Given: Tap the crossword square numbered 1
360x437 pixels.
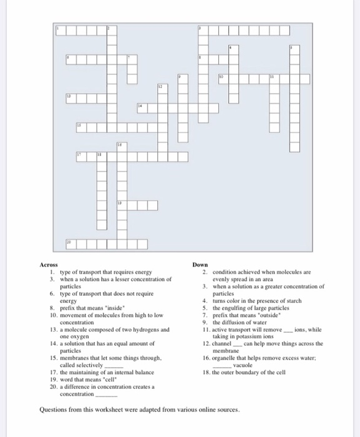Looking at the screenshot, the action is click(60, 29).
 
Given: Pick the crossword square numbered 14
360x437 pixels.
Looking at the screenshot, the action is click(141, 107).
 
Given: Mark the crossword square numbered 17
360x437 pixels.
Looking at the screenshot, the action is click(80, 155).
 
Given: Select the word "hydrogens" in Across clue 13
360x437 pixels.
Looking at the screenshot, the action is click(148, 328).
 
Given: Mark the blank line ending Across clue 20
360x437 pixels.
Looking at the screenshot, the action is click(106, 395).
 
